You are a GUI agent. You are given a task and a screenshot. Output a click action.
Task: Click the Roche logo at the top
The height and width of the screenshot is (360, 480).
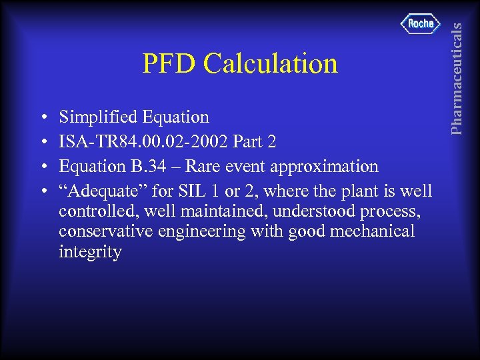[x=421, y=24]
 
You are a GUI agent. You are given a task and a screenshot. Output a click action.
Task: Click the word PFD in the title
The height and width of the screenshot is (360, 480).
[x=169, y=64]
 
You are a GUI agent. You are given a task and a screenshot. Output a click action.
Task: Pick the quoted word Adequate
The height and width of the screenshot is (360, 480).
[x=103, y=191]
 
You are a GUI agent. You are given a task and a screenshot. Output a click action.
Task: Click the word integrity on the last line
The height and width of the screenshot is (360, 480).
[x=90, y=253]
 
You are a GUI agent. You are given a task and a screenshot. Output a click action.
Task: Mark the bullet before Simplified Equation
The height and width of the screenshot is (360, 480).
[x=43, y=118]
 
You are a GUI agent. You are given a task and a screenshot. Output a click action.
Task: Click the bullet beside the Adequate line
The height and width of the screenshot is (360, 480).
[x=43, y=192]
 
